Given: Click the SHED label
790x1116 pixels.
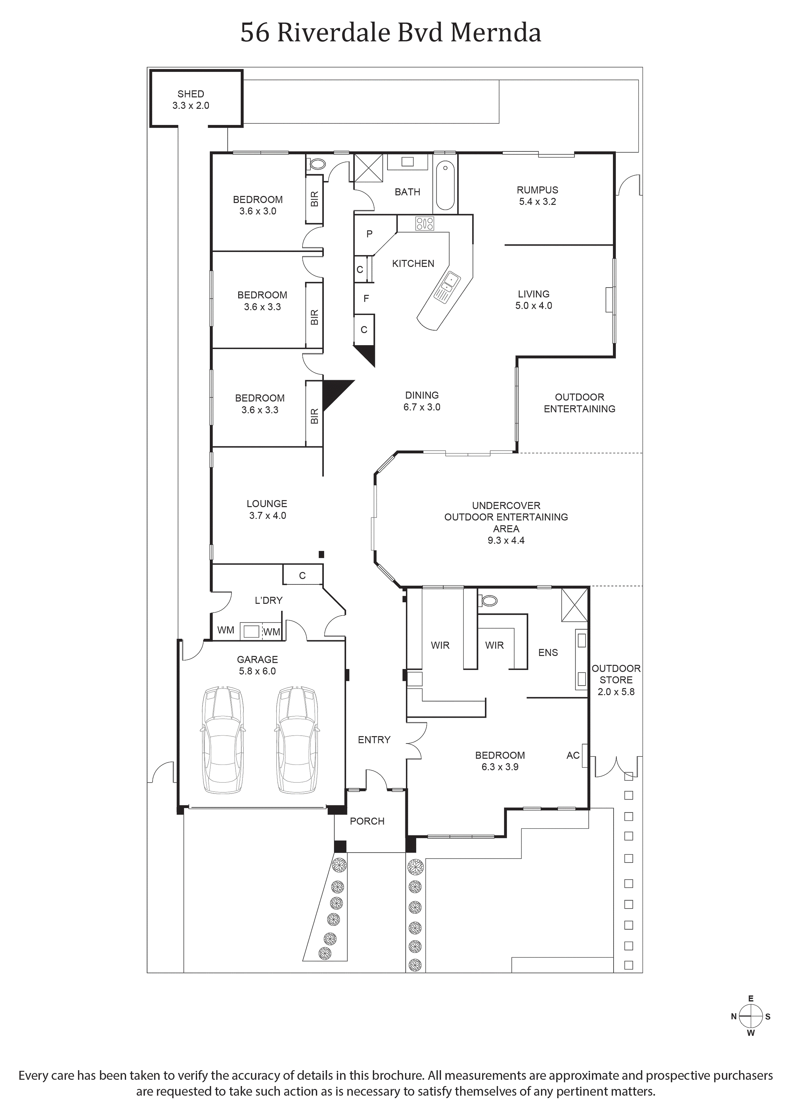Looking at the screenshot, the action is (x=191, y=94).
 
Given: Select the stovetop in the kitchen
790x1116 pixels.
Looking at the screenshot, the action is (x=425, y=223).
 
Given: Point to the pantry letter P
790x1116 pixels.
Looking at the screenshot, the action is (x=369, y=234).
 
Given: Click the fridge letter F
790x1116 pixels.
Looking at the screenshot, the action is (x=366, y=299).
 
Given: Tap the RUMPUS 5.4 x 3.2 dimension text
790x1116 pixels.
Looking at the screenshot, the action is (x=537, y=202).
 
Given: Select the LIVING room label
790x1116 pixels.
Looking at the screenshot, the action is (x=534, y=294).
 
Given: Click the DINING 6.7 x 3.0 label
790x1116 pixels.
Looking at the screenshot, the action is (x=422, y=401).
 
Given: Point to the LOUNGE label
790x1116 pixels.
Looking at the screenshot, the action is (x=267, y=504).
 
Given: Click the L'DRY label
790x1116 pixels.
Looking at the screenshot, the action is (x=269, y=600).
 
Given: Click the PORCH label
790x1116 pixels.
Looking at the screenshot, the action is (x=367, y=821).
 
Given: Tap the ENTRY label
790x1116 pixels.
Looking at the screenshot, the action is (x=374, y=740).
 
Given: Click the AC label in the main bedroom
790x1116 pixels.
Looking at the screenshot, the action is (x=573, y=755).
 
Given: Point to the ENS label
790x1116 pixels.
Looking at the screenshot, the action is (x=548, y=652).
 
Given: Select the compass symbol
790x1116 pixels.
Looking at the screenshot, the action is (x=750, y=1016).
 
